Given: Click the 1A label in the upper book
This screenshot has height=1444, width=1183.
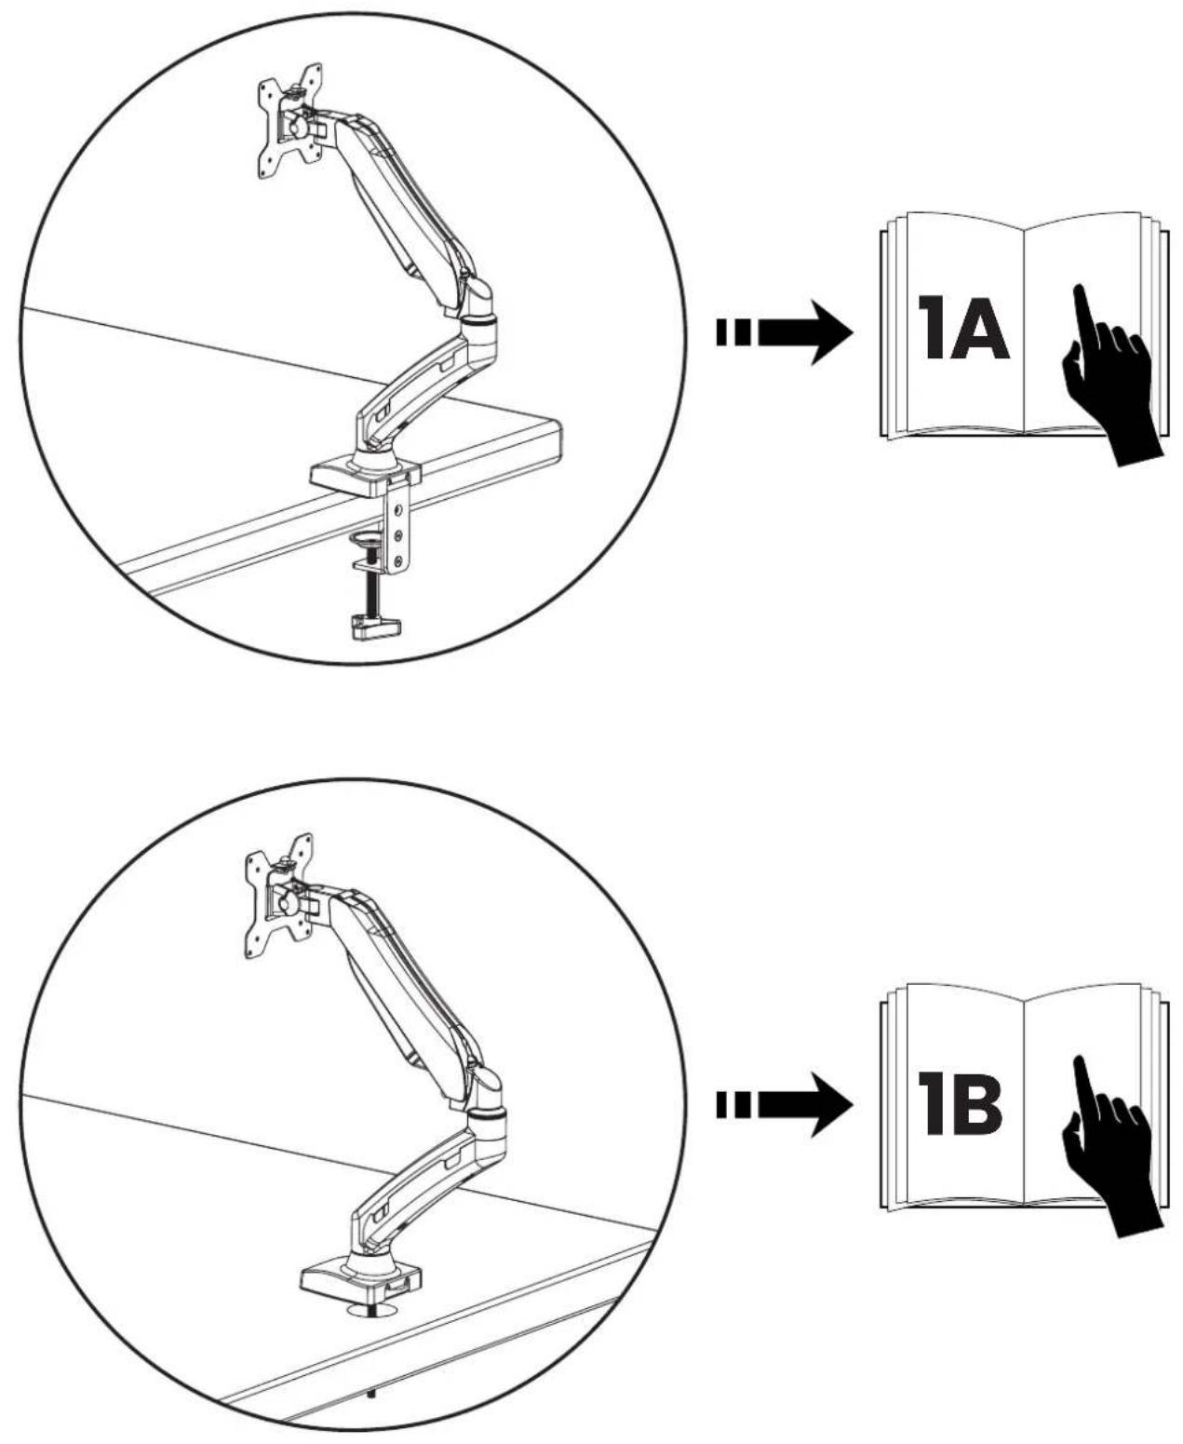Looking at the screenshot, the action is coord(964,328).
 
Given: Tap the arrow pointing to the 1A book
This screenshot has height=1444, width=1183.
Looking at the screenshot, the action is coord(785,332).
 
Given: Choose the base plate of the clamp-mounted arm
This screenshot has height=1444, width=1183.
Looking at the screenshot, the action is coord(365,477).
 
